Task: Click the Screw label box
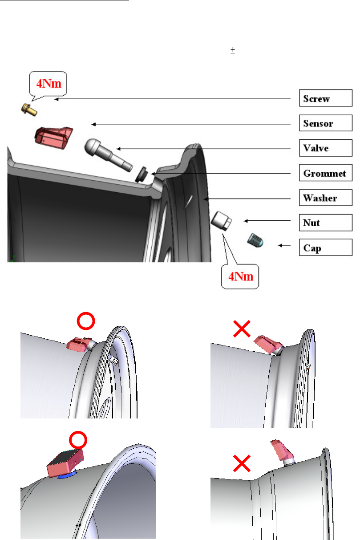coord(325,99)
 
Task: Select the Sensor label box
coord(325,123)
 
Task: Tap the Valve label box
coord(325,148)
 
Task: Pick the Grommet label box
coord(325,173)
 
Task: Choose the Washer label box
coord(325,197)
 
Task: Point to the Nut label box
coord(325,222)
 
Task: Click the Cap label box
coord(325,247)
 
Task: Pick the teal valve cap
coord(255,241)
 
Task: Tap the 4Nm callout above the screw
coord(48,83)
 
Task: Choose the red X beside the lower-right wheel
coord(241,465)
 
